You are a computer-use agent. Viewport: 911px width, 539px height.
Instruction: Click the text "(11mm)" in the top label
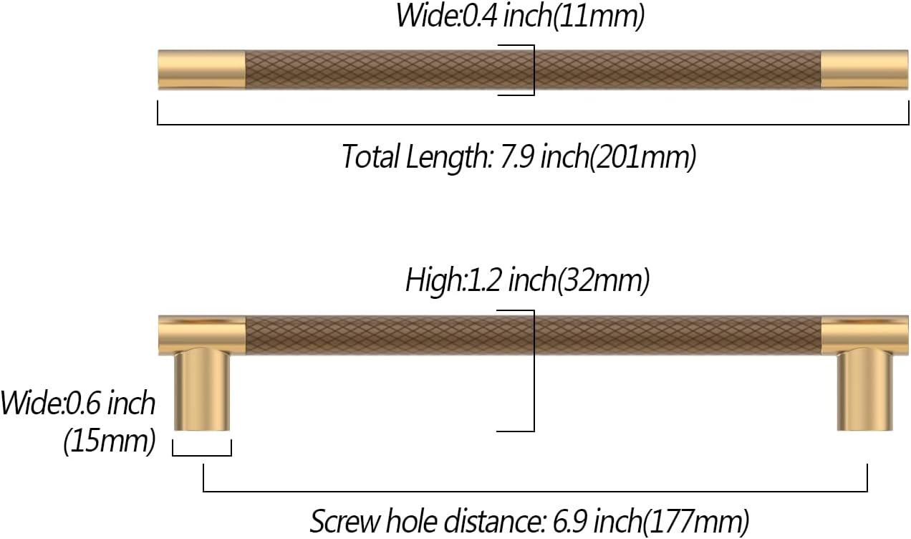(598, 16)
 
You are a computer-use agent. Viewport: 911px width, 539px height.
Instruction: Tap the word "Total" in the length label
(371, 157)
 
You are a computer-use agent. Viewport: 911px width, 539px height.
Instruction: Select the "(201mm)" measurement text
(642, 158)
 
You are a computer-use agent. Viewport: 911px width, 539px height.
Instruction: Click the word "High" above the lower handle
(434, 280)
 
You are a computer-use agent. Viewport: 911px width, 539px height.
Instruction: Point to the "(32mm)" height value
(603, 281)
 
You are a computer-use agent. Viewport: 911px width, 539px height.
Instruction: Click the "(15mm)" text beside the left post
(110, 442)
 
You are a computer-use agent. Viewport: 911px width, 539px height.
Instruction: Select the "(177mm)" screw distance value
(696, 523)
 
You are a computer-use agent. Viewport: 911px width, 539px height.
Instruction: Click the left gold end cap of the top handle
(202, 70)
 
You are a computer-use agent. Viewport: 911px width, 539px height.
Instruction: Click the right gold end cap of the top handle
(864, 70)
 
